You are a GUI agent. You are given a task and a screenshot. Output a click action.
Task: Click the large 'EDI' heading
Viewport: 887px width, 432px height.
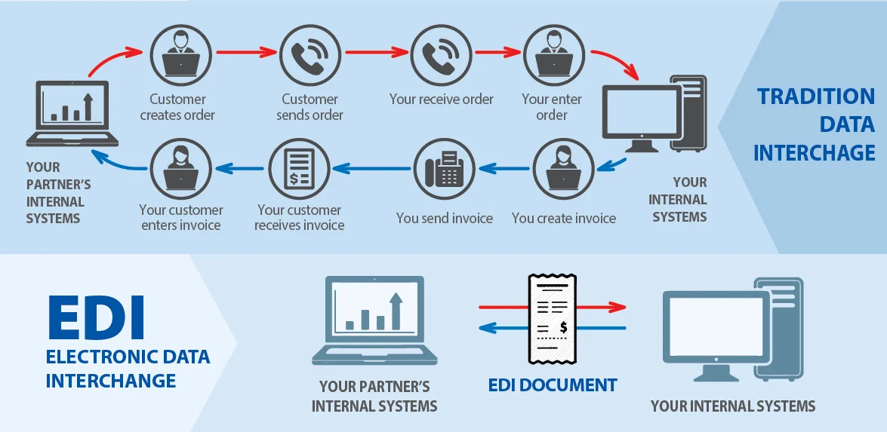point(96,317)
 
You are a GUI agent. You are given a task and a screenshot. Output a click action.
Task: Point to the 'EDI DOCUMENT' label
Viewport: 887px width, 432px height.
point(553,385)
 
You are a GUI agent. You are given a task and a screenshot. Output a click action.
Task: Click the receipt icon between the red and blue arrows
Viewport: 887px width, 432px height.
point(553,317)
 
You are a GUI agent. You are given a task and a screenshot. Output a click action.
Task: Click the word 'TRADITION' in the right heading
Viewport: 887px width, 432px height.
point(816,97)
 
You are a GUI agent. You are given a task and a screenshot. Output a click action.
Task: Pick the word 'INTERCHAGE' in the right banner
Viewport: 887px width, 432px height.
point(814,152)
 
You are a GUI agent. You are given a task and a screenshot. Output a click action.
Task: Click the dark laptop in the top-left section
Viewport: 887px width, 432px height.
point(72,113)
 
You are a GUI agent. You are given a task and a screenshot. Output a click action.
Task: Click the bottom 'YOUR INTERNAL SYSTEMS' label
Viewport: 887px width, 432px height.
point(733,406)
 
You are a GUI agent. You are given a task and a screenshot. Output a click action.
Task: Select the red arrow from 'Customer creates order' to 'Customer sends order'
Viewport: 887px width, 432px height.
point(245,53)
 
